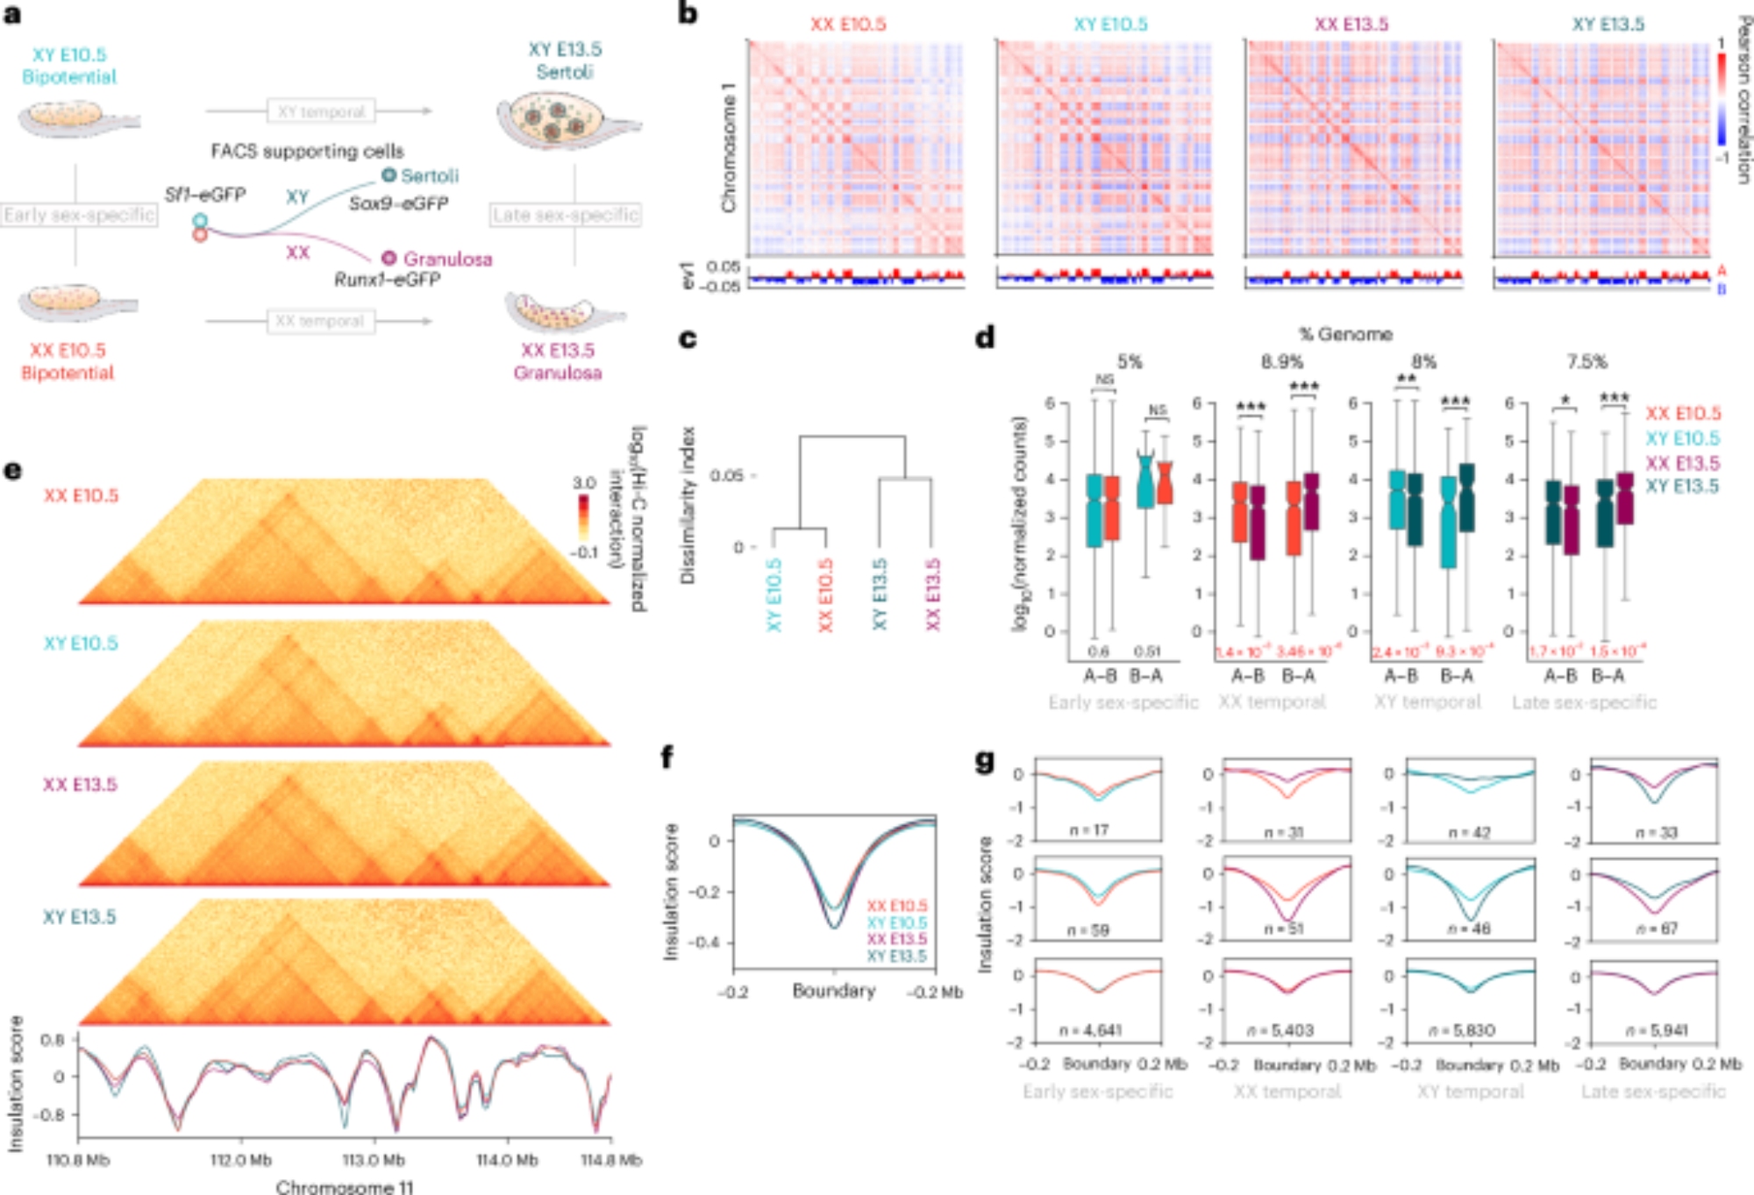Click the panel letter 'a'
(12, 15)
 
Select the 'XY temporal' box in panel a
(321, 111)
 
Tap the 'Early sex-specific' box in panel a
(79, 215)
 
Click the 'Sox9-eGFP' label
(398, 203)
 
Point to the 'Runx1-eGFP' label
(387, 280)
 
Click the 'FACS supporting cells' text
(307, 151)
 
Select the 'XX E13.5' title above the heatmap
(1351, 25)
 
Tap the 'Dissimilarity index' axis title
(688, 506)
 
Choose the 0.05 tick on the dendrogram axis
(726, 475)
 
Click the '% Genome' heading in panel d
(1345, 334)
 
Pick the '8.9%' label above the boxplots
(1281, 361)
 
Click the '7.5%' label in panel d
(1586, 361)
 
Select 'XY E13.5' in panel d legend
(1682, 487)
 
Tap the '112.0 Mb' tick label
(240, 1160)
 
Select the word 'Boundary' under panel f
(833, 991)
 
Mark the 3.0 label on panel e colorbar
(584, 483)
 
